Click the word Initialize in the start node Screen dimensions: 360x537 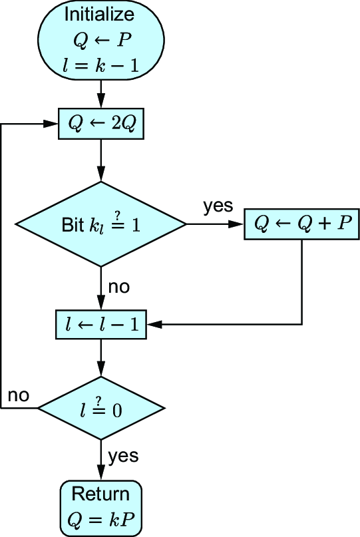(x=99, y=15)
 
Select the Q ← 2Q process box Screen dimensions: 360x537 (x=101, y=124)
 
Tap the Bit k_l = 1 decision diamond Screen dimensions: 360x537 (x=100, y=224)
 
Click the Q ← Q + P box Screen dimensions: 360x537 (x=301, y=224)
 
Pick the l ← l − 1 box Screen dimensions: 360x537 (x=101, y=324)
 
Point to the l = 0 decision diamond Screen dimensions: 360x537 (x=101, y=408)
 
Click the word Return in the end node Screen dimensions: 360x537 (x=100, y=494)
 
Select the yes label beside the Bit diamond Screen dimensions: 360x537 (x=218, y=206)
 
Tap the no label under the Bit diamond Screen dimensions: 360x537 (x=119, y=287)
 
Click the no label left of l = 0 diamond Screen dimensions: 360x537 (x=19, y=395)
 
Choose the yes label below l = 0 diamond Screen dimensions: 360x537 (x=123, y=456)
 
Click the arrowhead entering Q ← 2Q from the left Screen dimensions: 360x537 (x=51, y=124)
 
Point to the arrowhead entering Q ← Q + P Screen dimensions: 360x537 (x=236, y=224)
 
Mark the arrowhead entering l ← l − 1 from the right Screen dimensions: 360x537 (x=155, y=324)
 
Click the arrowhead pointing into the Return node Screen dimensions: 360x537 (x=101, y=472)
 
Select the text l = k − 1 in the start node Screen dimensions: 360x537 (x=100, y=65)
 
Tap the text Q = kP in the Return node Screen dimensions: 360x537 (x=100, y=520)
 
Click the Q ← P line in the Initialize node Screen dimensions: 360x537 (x=102, y=41)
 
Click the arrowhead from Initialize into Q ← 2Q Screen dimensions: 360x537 (x=101, y=100)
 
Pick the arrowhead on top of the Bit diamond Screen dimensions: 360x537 (x=101, y=174)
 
